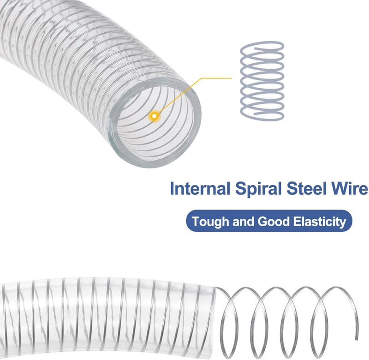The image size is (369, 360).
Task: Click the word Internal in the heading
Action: [200, 188]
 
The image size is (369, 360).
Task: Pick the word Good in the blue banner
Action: [274, 222]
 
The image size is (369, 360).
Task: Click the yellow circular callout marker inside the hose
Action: [154, 116]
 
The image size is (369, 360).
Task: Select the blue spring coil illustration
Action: [262, 81]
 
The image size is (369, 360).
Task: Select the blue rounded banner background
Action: [269, 221]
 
